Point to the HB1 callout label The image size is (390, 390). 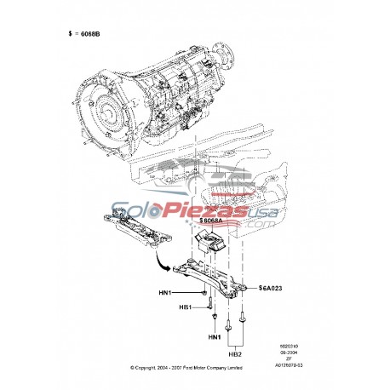click(186, 307)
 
